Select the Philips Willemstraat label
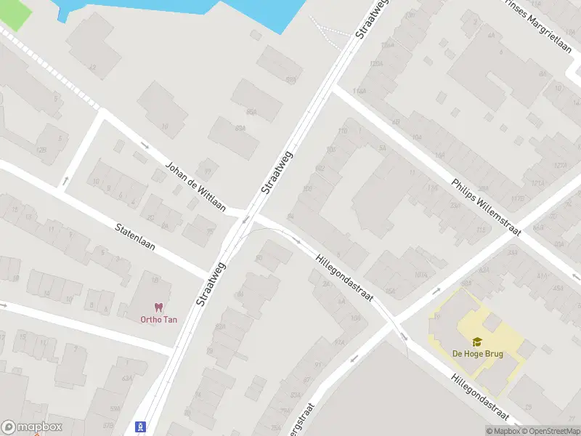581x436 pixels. [486, 207]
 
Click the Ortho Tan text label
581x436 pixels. [159, 319]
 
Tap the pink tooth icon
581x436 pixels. [158, 307]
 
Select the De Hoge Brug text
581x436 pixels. [477, 354]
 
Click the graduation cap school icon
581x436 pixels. [477, 342]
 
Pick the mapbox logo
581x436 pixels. [32, 427]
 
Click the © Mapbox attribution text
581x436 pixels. [503, 431]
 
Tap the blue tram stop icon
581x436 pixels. [141, 427]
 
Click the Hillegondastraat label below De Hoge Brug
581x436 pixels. [479, 396]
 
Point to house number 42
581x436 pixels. [92, 68]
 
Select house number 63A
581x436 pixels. [128, 379]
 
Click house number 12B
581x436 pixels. [41, 150]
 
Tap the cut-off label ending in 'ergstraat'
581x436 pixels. [306, 419]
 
